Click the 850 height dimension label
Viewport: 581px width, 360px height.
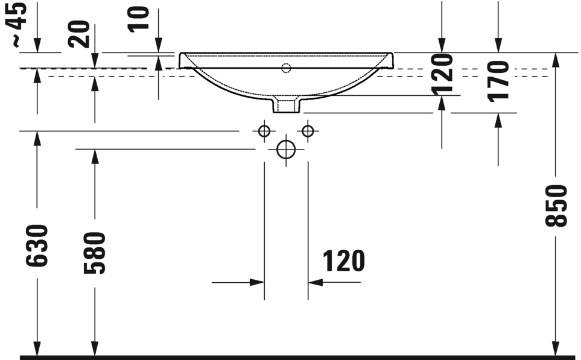(556, 206)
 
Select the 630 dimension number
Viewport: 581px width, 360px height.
(37, 245)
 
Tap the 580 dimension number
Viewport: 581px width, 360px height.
(95, 252)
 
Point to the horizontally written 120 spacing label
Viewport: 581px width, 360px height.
(344, 261)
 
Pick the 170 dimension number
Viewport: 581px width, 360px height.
(498, 80)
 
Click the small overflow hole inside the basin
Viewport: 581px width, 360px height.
(286, 68)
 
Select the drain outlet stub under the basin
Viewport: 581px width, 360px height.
(286, 105)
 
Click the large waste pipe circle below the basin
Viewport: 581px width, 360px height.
(286, 149)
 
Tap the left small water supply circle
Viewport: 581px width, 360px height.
(264, 130)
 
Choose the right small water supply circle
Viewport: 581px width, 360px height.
(308, 130)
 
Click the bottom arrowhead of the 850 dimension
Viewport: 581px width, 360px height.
(555, 348)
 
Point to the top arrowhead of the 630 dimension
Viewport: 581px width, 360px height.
(37, 138)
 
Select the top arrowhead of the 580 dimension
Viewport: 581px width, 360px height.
(95, 156)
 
